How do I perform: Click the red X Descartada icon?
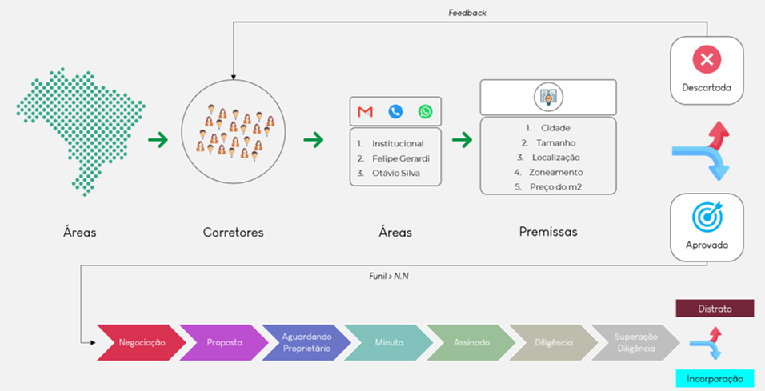(707, 59)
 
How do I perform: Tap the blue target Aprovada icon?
(707, 216)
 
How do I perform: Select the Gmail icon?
(366, 112)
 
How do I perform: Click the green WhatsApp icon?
(425, 112)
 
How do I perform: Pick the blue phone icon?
(395, 112)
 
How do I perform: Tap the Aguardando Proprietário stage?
(304, 342)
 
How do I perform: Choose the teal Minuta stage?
(388, 342)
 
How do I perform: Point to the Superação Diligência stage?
(636, 342)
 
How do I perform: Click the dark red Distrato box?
(715, 309)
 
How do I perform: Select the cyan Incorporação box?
(715, 378)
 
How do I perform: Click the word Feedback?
(467, 13)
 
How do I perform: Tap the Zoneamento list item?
(555, 172)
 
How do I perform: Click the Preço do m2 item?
(555, 187)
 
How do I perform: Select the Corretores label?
(233, 233)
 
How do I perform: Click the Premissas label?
(548, 232)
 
